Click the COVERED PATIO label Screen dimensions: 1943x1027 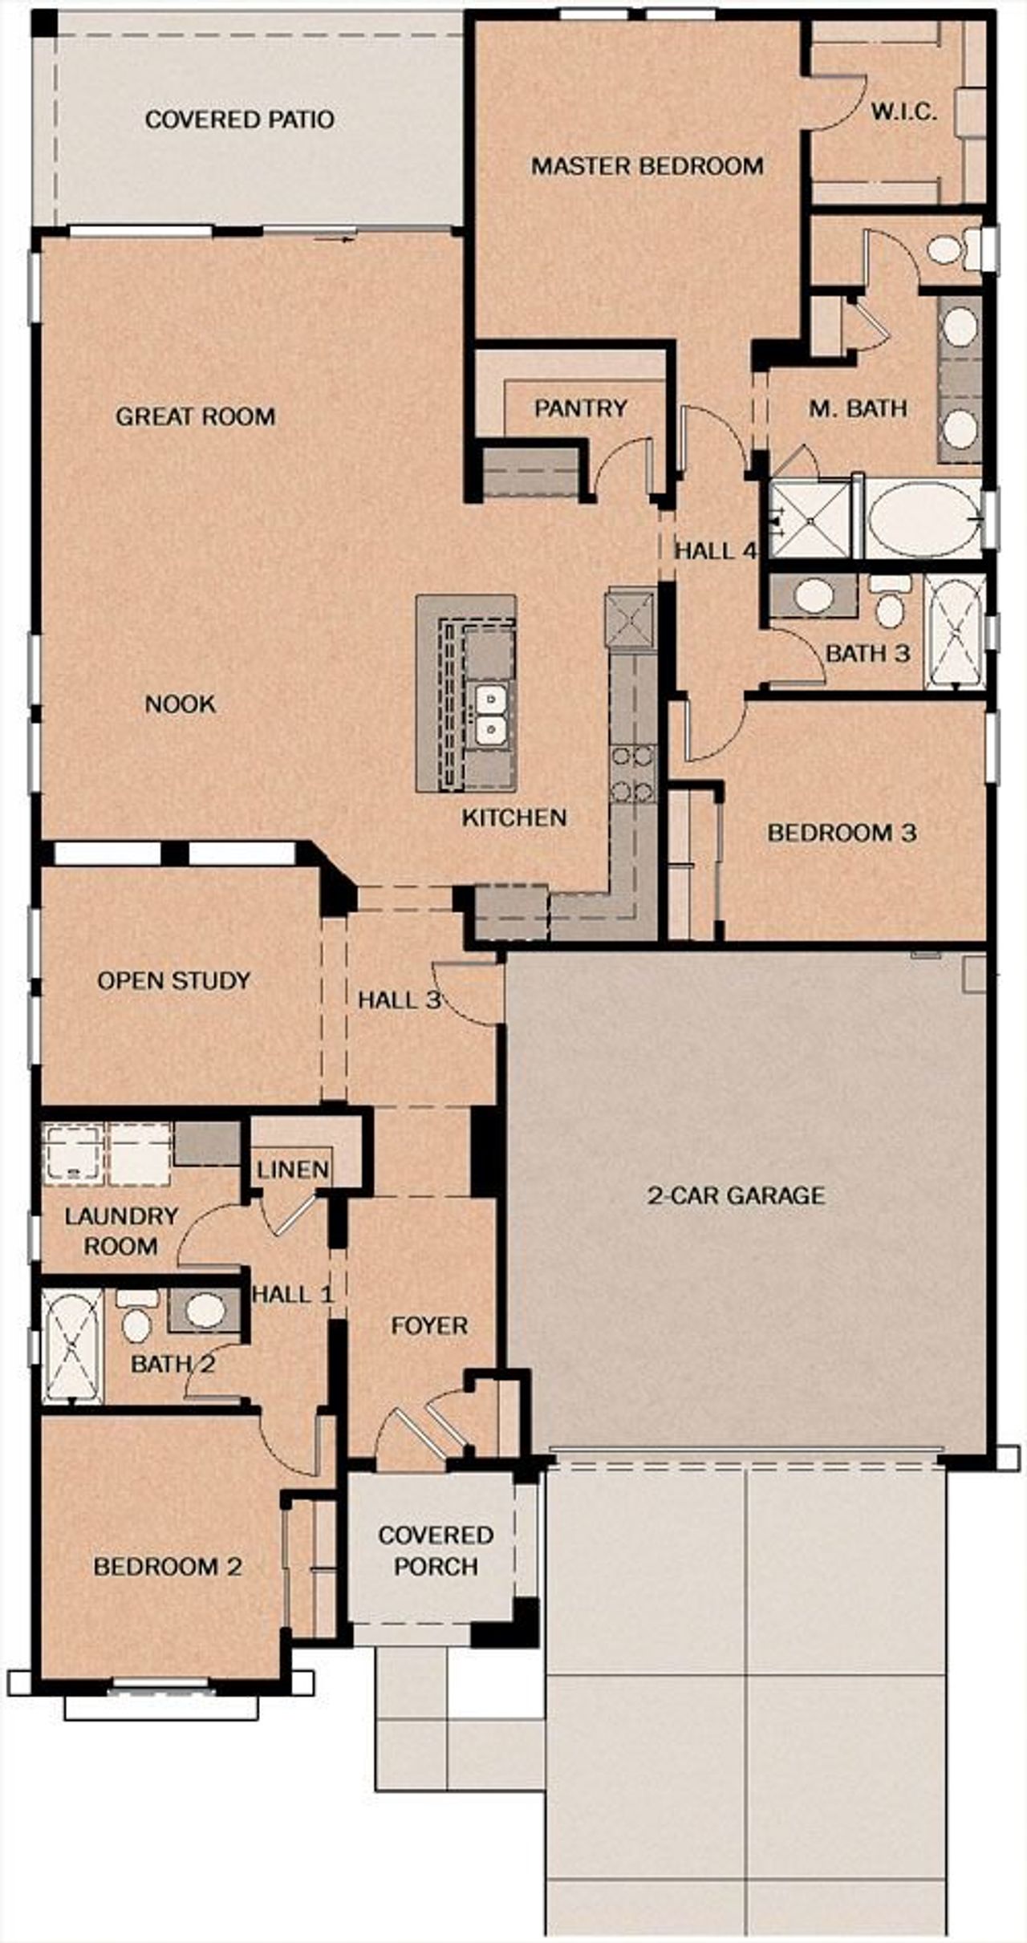[x=239, y=120]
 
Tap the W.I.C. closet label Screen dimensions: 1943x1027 [x=904, y=112]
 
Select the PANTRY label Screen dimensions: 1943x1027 [x=580, y=408]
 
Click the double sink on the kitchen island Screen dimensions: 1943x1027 [x=489, y=714]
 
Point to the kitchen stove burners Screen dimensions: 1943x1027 [x=633, y=774]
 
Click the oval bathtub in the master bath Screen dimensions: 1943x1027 [x=923, y=519]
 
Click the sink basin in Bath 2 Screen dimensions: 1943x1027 [x=205, y=1310]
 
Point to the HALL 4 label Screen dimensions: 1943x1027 [x=716, y=551]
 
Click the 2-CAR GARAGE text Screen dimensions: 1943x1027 [x=736, y=1196]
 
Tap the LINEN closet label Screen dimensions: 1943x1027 [x=293, y=1170]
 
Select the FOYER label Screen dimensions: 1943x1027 [x=429, y=1325]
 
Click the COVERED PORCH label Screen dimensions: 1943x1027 [x=435, y=1550]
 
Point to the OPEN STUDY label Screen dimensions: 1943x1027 [x=173, y=980]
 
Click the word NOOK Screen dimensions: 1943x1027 [x=180, y=704]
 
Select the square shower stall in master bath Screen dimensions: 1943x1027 [x=810, y=519]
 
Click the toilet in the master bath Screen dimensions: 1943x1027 [x=948, y=248]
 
